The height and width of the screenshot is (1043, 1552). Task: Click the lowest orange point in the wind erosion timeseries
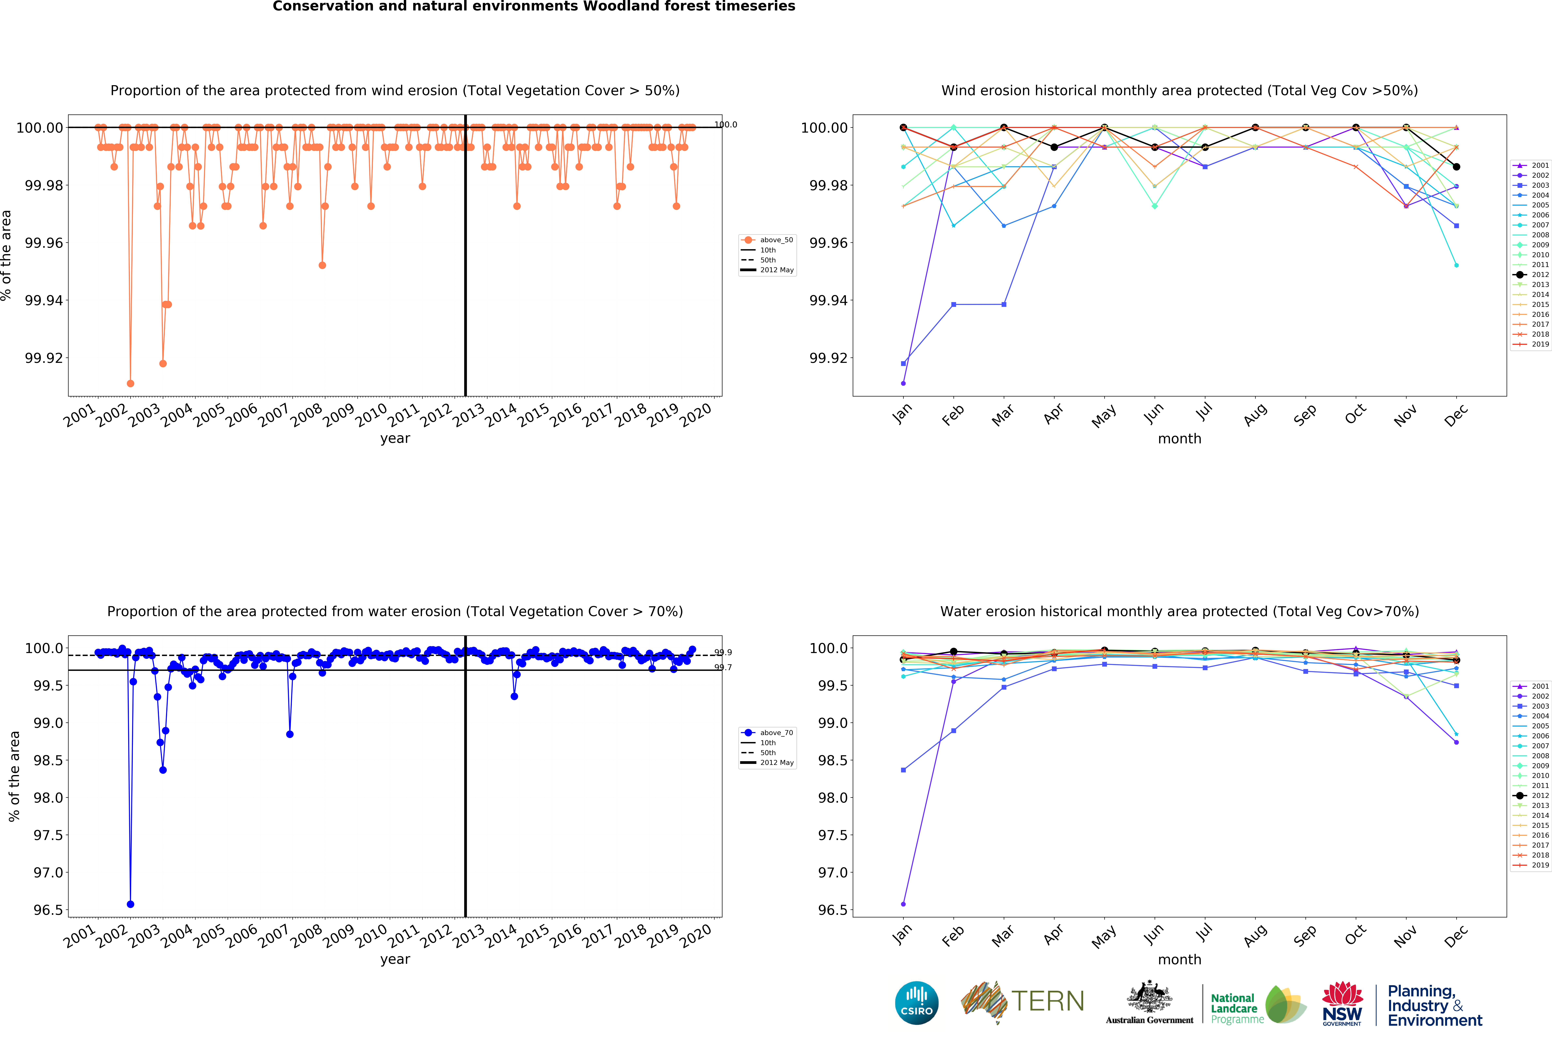point(130,383)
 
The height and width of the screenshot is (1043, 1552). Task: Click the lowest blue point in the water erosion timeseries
point(130,904)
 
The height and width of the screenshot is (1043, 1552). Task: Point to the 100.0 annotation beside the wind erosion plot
point(725,124)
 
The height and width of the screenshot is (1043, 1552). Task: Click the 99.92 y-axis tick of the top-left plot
point(44,358)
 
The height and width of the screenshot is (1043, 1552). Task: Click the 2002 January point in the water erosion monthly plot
point(903,904)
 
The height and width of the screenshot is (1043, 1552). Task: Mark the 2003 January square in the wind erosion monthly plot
point(903,363)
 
